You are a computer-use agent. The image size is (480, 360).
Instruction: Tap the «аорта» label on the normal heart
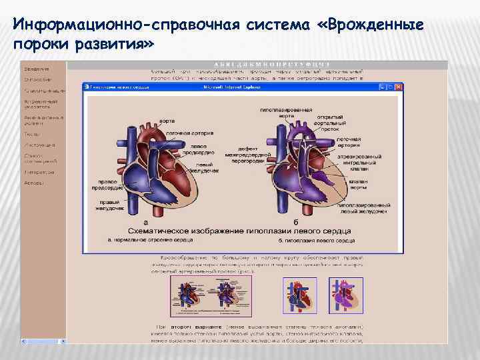coord(167,121)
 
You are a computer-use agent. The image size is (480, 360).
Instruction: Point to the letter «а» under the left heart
coord(146,222)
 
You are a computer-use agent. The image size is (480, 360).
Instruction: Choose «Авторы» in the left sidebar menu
coord(35,183)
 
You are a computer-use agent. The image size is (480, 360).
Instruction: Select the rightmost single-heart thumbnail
coord(346,295)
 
